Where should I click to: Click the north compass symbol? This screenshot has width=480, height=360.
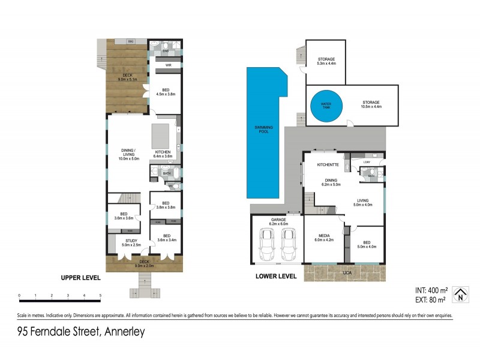(460, 293)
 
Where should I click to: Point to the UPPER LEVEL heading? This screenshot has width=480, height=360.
(80, 278)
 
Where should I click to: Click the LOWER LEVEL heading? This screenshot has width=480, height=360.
(277, 277)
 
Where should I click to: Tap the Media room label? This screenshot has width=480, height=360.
(324, 236)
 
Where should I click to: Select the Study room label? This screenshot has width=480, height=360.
(131, 241)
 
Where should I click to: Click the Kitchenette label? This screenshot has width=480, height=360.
(329, 164)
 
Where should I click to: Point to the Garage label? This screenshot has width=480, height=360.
(277, 220)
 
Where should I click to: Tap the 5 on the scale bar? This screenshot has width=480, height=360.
(100, 296)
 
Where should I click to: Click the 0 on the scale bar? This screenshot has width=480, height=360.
(19, 296)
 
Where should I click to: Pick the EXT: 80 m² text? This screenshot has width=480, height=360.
(430, 298)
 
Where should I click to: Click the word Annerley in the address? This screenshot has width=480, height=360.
(125, 332)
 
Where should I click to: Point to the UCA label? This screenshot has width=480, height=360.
(347, 273)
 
